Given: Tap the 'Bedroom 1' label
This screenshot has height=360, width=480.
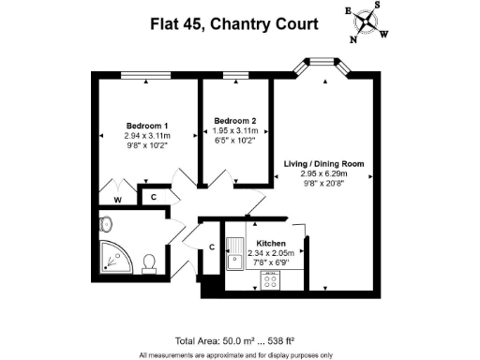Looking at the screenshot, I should point(147,126).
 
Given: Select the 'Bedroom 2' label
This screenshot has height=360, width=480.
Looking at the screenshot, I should point(233,121).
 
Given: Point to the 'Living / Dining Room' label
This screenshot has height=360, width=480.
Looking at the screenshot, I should point(324,163).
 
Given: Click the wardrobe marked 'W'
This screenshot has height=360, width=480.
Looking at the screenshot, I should point(117,198).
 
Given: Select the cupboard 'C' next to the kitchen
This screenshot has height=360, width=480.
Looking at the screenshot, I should point(213,247).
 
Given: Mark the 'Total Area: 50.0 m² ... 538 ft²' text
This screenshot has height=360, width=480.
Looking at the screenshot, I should point(234,339).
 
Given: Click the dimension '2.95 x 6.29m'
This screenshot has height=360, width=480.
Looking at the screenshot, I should point(324,173).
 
